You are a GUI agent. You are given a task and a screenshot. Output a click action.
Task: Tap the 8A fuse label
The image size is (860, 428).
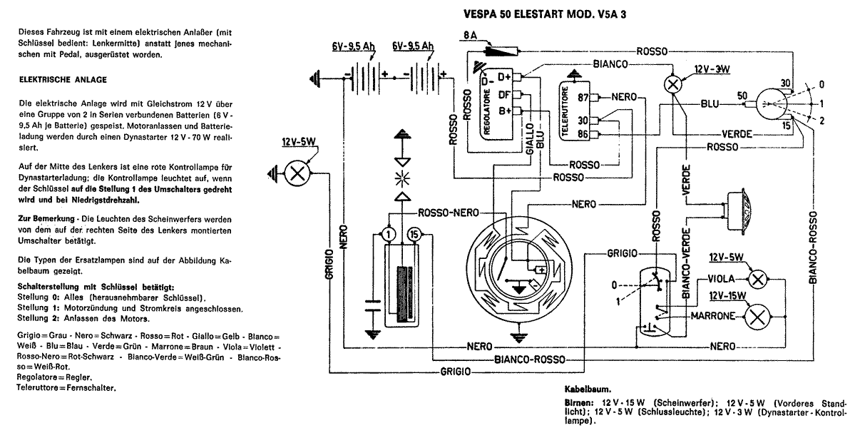coord(470,34)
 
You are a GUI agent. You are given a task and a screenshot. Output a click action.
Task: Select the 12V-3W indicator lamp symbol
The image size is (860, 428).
coord(671,83)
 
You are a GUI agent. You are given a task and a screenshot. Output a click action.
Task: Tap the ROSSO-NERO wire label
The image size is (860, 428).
coord(448,212)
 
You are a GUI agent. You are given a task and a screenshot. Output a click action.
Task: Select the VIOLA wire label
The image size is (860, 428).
coord(722,279)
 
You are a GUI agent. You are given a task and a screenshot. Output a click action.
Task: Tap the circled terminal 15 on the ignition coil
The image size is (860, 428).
coord(414,234)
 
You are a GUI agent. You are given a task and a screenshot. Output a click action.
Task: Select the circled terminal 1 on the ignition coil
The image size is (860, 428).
coord(387,234)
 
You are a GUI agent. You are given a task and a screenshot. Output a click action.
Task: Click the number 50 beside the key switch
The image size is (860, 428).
coord(742,96)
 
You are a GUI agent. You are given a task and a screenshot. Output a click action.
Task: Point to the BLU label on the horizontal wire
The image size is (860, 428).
coord(709,104)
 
